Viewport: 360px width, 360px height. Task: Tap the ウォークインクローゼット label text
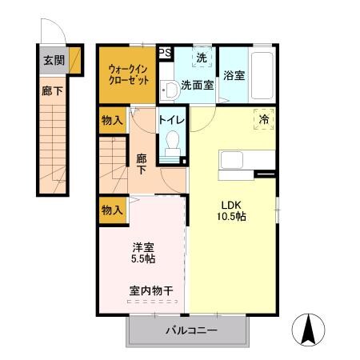[128, 75]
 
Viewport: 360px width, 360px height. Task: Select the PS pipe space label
[166, 53]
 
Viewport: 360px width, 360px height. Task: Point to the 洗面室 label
[196, 85]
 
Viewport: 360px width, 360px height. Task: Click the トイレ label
[172, 120]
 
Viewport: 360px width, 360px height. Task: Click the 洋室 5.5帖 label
[144, 253]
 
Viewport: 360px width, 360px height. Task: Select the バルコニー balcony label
[191, 330]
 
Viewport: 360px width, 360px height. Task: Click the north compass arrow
[308, 328]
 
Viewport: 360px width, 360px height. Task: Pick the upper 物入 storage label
[112, 122]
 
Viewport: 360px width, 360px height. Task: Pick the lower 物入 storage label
[112, 210]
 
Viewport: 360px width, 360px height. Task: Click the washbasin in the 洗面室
[168, 89]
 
